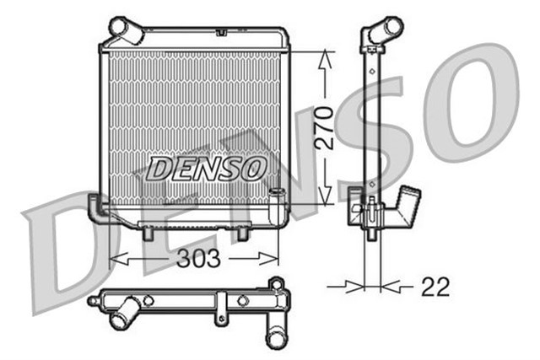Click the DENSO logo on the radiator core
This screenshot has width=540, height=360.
point(207,168)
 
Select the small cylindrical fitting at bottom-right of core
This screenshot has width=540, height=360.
point(275,195)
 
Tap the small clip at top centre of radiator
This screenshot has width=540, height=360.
point(221,32)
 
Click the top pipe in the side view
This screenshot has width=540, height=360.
point(383,30)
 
